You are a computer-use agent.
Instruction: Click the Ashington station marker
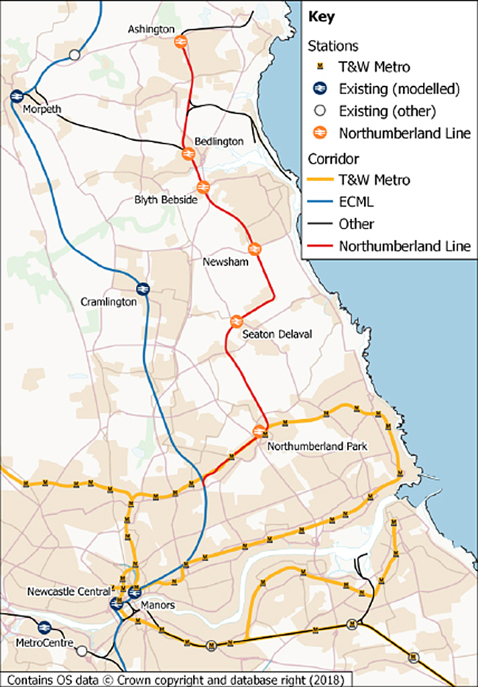(x=180, y=42)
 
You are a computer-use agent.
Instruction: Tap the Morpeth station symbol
(x=17, y=97)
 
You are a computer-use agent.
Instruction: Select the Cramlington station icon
(x=142, y=288)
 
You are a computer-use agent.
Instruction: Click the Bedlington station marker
(x=188, y=154)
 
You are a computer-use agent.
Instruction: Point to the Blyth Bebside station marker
(x=204, y=187)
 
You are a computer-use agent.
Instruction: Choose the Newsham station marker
(x=254, y=249)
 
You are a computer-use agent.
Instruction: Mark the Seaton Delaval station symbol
(x=235, y=321)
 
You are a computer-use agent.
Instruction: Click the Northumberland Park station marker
(x=259, y=432)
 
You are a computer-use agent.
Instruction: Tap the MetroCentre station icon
(x=44, y=627)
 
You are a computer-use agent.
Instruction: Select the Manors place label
(x=158, y=605)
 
